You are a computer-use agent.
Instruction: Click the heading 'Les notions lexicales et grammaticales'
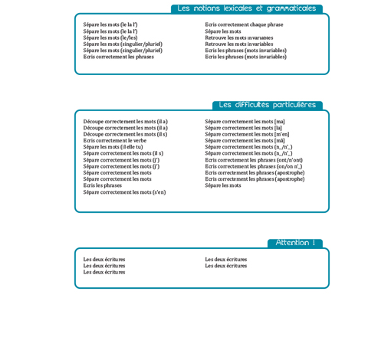(x=246, y=9)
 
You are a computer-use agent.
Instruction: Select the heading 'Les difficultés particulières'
(x=267, y=106)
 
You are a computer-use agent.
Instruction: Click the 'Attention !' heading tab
(x=294, y=244)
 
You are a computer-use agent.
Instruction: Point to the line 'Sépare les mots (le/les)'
(x=110, y=38)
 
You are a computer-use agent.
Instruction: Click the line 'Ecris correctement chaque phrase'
(x=244, y=25)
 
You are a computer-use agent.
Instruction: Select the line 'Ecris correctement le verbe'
(x=115, y=141)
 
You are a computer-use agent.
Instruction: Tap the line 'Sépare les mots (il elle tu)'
(x=113, y=147)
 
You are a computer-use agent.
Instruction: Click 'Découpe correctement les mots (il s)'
(x=125, y=135)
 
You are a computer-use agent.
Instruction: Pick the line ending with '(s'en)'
(x=124, y=192)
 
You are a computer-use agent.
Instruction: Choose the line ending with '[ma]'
(x=245, y=122)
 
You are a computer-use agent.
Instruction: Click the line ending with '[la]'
(x=243, y=128)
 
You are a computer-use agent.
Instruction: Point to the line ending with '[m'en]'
(x=247, y=135)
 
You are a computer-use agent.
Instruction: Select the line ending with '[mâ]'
(x=245, y=141)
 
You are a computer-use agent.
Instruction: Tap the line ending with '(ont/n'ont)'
(x=254, y=160)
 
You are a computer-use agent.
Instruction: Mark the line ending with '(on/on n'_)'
(x=253, y=166)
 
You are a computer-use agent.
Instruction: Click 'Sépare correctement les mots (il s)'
(x=123, y=154)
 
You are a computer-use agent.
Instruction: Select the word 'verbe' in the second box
(x=139, y=141)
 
